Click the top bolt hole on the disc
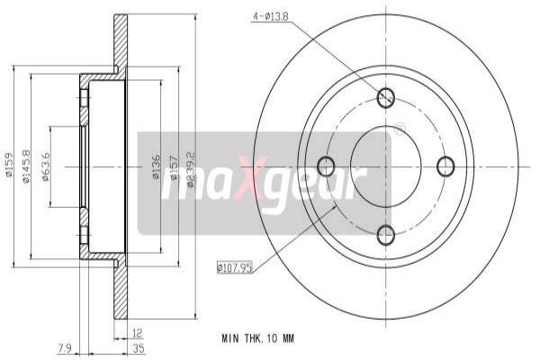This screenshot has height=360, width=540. pos(386,98)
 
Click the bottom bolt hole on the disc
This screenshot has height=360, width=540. pos(386,236)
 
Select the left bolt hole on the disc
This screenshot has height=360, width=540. pos(327,166)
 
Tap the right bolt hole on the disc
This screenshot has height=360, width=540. pos(445,166)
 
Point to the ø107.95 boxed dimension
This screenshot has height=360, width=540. pos(236,266)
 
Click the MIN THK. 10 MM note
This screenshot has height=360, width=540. pos(257,338)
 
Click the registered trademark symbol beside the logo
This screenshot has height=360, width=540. pos(400,130)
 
